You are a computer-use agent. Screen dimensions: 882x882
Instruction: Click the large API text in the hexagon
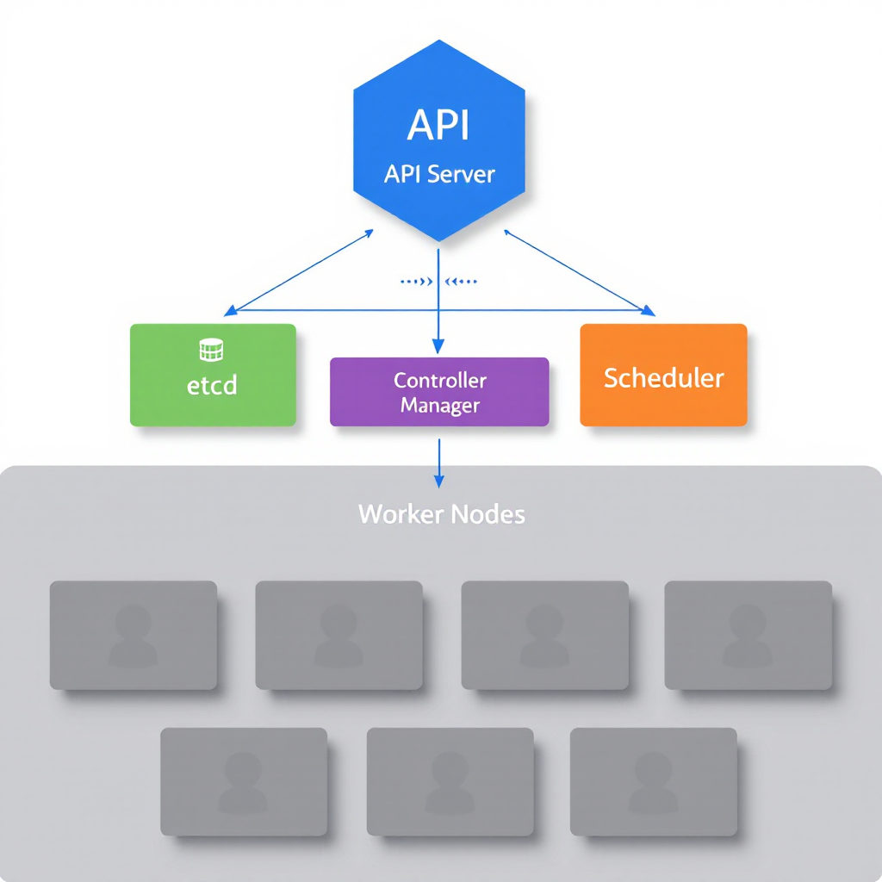(x=438, y=125)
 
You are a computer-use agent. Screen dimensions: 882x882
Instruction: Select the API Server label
(x=439, y=174)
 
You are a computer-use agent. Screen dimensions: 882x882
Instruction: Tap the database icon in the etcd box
(x=211, y=350)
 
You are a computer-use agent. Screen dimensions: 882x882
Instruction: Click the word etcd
(x=211, y=384)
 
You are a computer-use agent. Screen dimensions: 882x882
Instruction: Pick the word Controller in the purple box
(x=439, y=381)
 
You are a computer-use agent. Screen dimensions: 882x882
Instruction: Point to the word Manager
(x=439, y=405)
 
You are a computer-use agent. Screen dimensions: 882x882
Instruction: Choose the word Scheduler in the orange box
(x=663, y=377)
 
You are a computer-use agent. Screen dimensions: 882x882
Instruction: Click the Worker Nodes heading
(x=441, y=515)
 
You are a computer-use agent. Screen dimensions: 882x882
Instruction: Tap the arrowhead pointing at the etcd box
(x=229, y=309)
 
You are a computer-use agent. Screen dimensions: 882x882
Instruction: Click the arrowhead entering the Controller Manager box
(x=438, y=347)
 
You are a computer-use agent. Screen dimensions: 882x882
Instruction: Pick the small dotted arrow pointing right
(x=415, y=281)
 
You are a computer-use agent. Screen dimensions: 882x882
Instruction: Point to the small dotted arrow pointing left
(x=463, y=281)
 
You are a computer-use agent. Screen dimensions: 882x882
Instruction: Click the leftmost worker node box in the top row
(x=133, y=635)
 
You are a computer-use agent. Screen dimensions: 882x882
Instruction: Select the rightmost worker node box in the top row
(x=748, y=635)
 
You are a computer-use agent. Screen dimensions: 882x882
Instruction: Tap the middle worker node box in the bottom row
(x=450, y=781)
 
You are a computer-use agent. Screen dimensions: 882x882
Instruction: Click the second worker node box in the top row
(x=339, y=635)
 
